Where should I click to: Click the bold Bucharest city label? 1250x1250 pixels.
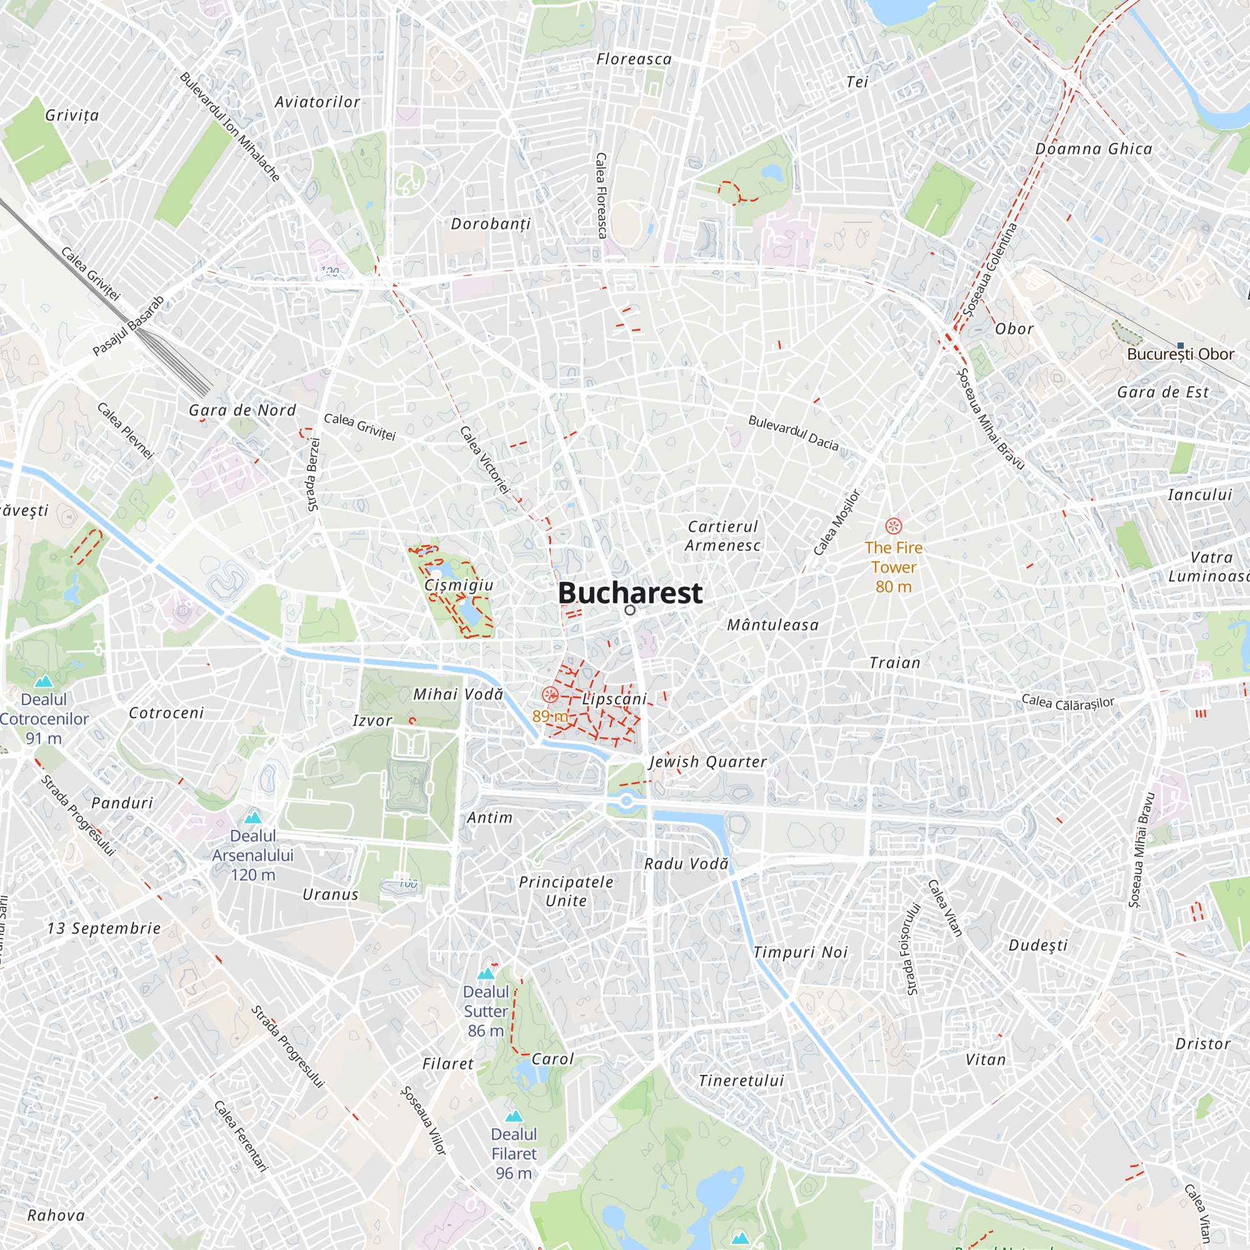click(x=629, y=592)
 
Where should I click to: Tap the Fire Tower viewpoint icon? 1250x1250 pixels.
click(x=893, y=526)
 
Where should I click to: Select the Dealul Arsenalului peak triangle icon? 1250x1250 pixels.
click(x=253, y=817)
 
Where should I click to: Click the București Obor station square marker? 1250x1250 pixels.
click(x=1180, y=346)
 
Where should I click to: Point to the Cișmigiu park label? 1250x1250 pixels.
click(x=459, y=585)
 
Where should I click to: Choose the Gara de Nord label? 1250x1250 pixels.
click(x=242, y=410)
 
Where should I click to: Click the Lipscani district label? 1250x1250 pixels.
click(x=614, y=699)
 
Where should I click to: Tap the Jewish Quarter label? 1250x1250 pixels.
click(x=708, y=761)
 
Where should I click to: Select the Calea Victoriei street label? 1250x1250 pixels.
click(x=484, y=460)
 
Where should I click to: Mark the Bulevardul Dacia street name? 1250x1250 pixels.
click(x=793, y=432)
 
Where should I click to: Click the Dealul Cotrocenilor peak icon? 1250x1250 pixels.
click(x=44, y=681)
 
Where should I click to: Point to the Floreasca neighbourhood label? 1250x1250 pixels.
click(x=633, y=59)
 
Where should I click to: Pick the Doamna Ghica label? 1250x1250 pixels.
click(x=1093, y=149)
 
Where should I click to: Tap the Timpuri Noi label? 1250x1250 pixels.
click(x=801, y=952)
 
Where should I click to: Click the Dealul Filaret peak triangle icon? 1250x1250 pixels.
click(x=514, y=1116)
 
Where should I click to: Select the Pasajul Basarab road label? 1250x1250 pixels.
click(x=128, y=326)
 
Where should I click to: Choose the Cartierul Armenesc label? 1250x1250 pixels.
click(x=722, y=536)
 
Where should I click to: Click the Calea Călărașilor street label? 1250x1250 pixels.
click(x=1067, y=702)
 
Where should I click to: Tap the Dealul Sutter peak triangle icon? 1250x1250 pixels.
click(x=485, y=974)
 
